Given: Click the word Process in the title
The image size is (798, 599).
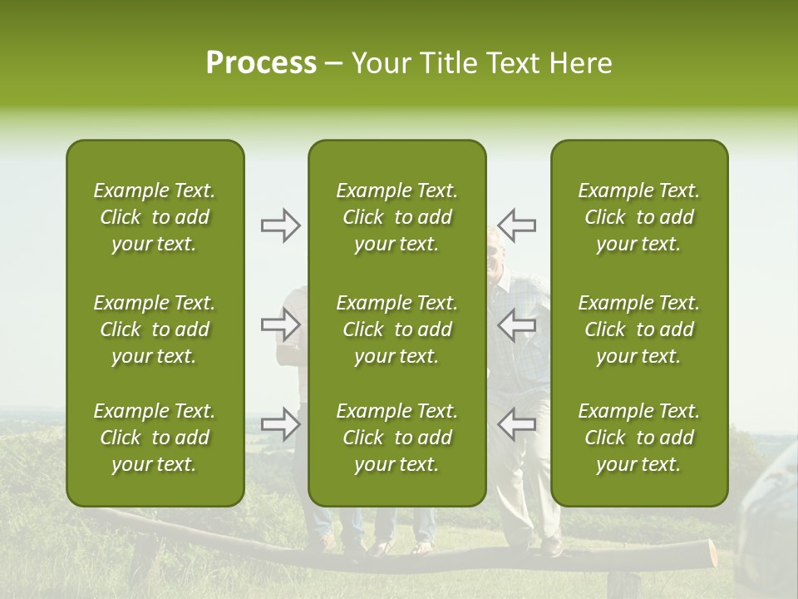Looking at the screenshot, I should (x=261, y=63).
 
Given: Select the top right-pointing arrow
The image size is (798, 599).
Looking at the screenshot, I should (x=281, y=225).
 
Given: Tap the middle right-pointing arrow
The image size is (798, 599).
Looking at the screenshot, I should (x=281, y=324).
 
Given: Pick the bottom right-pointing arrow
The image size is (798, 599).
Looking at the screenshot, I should (x=281, y=424).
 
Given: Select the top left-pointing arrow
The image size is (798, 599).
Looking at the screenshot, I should (x=516, y=225).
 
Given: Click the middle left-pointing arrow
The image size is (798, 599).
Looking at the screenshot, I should (x=516, y=324).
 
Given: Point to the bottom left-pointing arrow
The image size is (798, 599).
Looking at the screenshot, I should (x=516, y=424).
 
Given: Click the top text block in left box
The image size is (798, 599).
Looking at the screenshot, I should (x=155, y=217).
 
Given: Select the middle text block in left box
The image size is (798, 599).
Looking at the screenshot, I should (x=155, y=329).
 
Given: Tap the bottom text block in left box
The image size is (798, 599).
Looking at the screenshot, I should (x=155, y=438).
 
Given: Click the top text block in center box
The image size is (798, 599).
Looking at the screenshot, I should (x=397, y=217).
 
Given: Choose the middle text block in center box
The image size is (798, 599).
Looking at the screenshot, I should (x=397, y=329).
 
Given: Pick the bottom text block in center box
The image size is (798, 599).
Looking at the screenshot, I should (x=397, y=438).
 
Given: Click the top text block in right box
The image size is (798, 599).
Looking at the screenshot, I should (x=638, y=217).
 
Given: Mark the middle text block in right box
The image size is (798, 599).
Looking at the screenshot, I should (x=638, y=329).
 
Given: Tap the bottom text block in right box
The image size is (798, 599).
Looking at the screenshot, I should (x=638, y=438).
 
